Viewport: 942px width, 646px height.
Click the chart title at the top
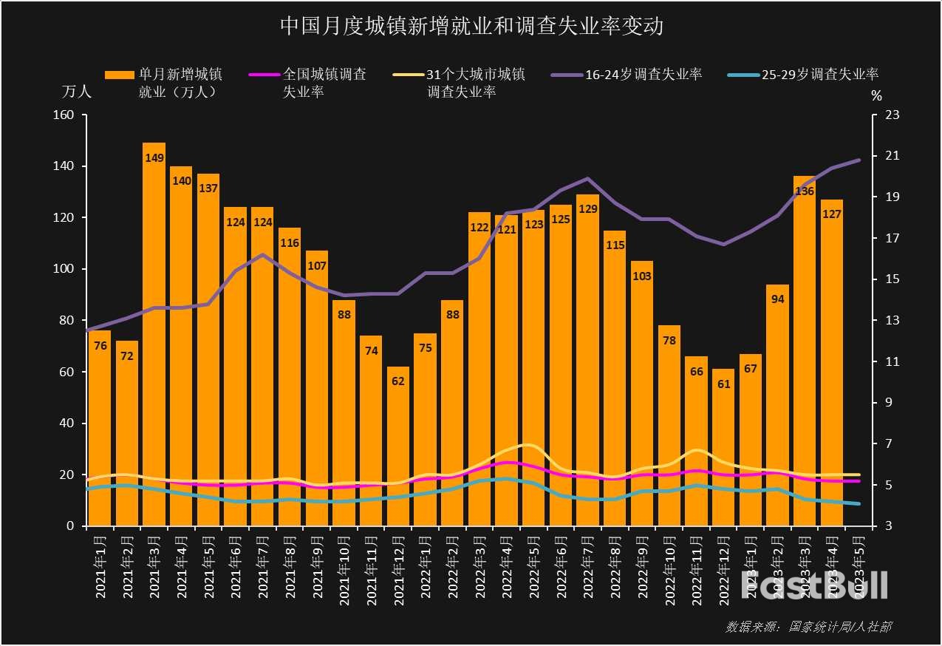(x=471, y=27)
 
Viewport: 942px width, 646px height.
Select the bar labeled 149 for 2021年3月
(x=154, y=333)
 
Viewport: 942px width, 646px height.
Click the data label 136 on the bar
(x=804, y=191)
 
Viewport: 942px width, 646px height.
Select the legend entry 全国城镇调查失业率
(x=325, y=83)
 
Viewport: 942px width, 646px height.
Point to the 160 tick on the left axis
(x=64, y=115)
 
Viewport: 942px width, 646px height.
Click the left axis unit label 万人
(x=77, y=93)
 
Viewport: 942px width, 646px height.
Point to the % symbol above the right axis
(x=876, y=95)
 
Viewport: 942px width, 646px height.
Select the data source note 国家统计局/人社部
(x=808, y=627)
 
